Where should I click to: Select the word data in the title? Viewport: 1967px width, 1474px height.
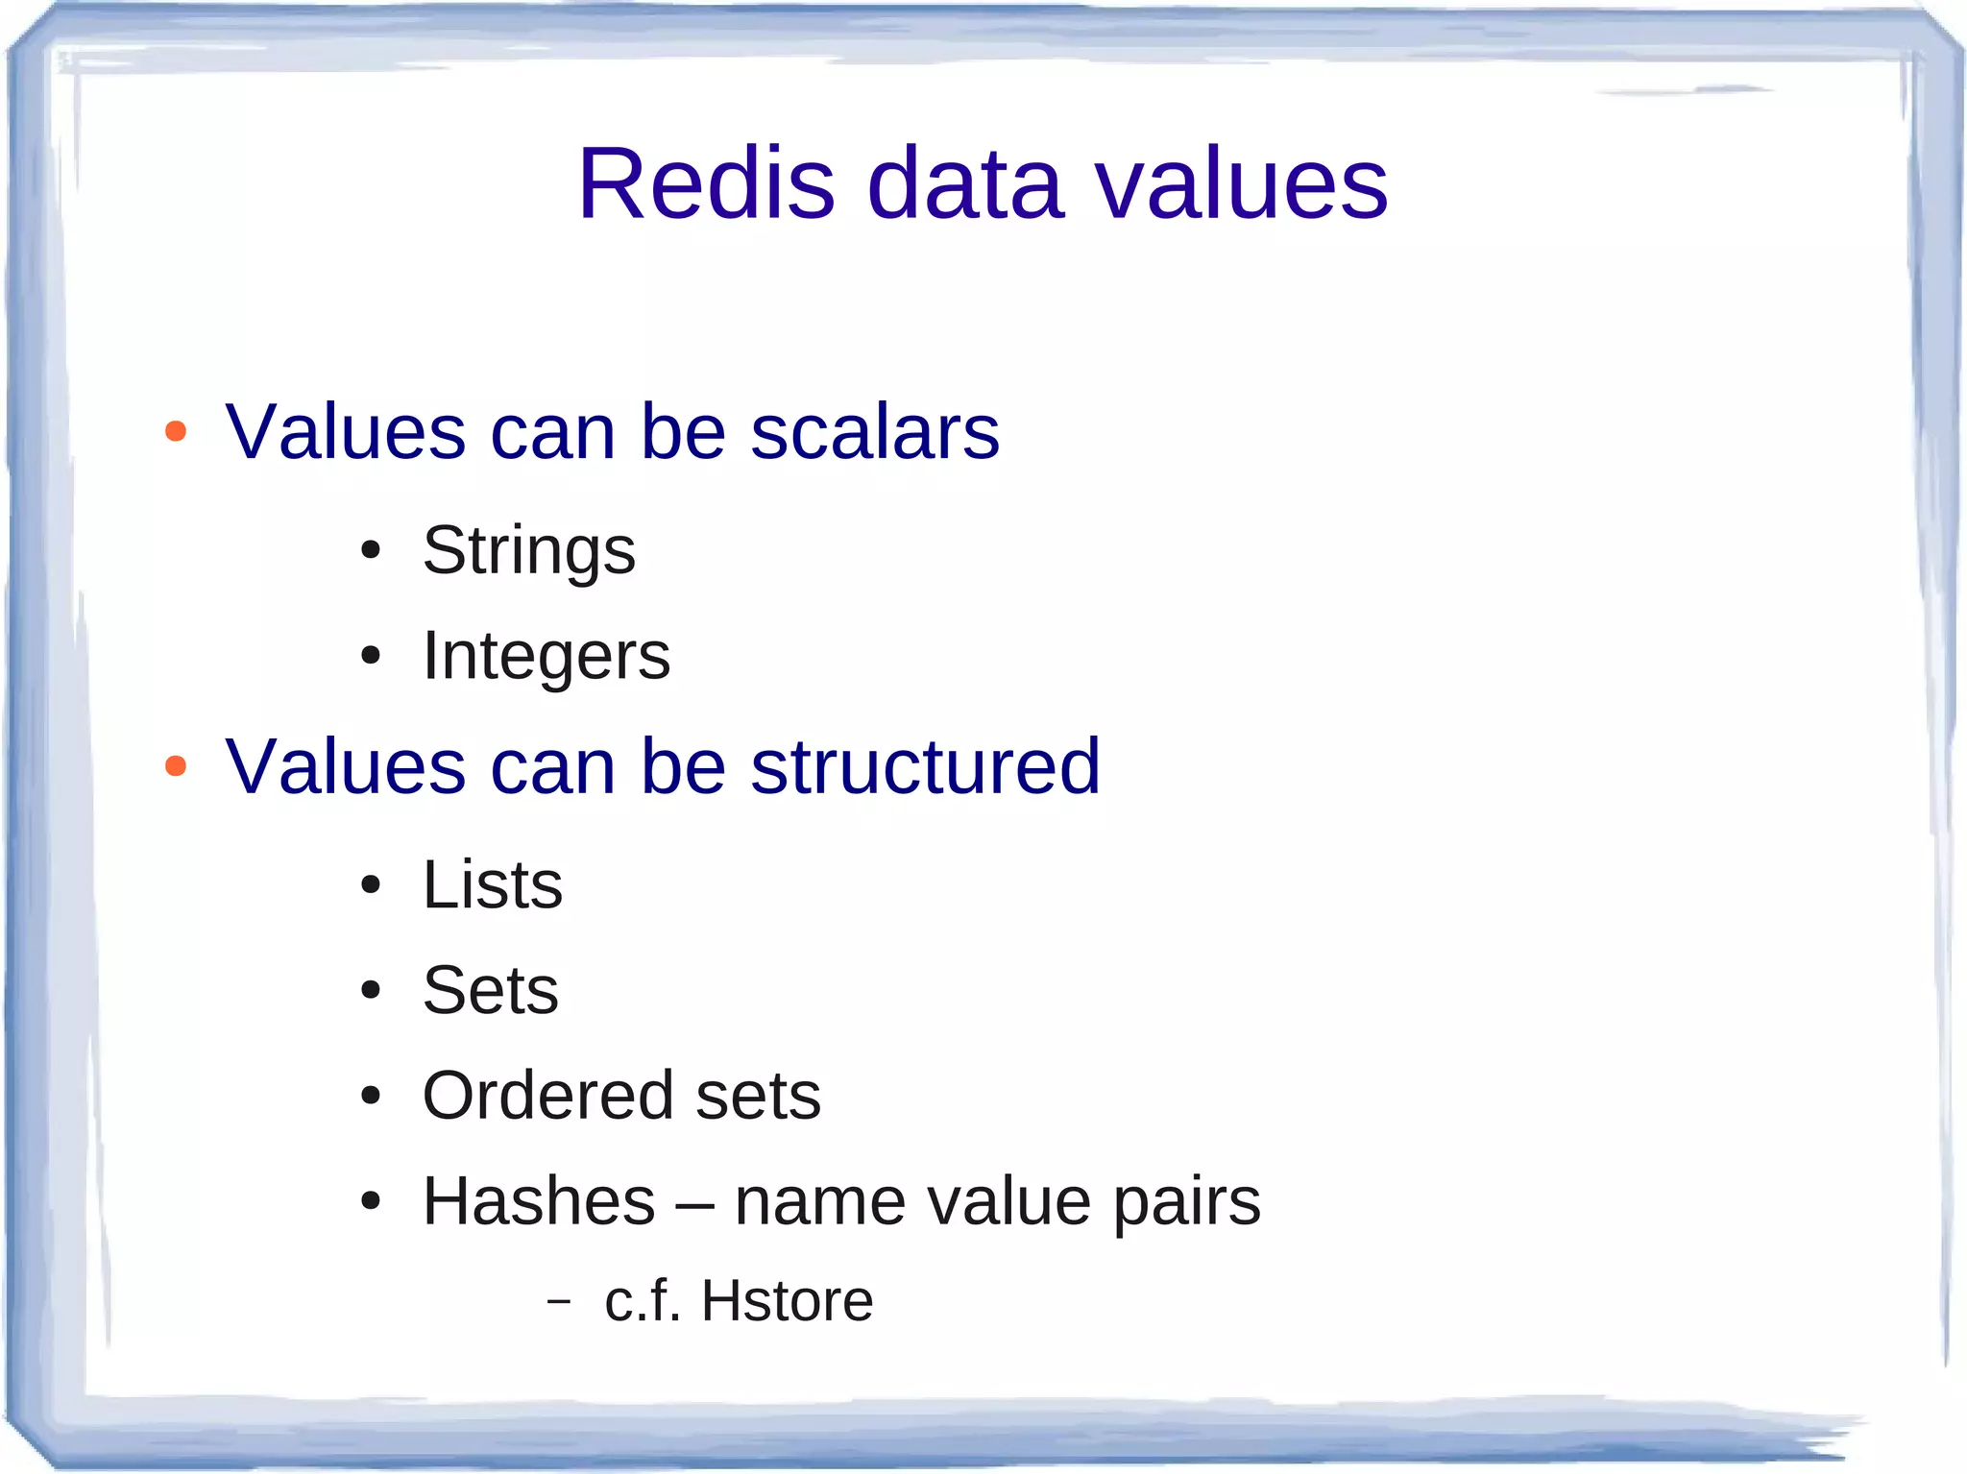(965, 183)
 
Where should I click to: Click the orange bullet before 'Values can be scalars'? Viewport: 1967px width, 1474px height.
(176, 431)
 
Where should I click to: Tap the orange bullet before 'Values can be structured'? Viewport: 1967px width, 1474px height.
(176, 765)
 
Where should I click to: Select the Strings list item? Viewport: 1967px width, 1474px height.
(529, 551)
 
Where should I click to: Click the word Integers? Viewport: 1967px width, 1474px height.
(546, 657)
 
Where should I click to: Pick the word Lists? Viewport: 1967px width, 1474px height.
(493, 884)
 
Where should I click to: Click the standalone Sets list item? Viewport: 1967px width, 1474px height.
(491, 990)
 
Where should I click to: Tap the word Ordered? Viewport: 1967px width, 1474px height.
(548, 1096)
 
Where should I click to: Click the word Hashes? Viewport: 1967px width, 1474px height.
(539, 1201)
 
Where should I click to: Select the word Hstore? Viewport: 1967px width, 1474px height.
(787, 1300)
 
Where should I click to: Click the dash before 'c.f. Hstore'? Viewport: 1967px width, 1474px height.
(558, 1301)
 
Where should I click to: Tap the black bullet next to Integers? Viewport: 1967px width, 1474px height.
(371, 657)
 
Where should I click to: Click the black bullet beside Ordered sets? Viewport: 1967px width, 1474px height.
(371, 1096)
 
